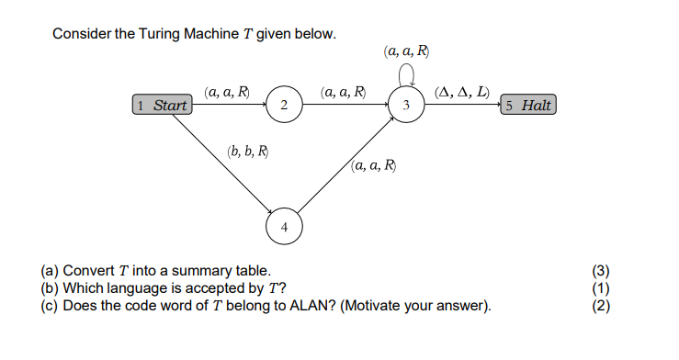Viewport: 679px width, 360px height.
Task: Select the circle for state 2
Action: coord(284,107)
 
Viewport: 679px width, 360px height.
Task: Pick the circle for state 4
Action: coord(284,225)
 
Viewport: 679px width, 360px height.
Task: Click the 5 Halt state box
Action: coord(528,106)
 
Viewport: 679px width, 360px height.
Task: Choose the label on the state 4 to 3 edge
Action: coord(374,166)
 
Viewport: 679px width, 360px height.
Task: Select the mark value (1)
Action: coord(602,287)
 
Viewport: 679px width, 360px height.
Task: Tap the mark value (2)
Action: coord(602,304)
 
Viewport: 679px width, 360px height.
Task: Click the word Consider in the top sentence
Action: coord(80,34)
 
